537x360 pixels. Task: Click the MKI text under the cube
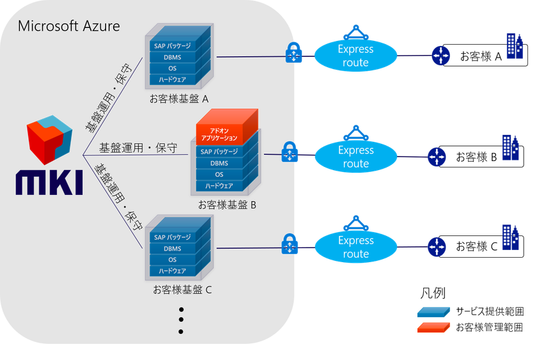pyautogui.click(x=49, y=183)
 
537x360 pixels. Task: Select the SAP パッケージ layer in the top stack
pyautogui.click(x=173, y=46)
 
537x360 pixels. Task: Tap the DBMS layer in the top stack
pyautogui.click(x=173, y=58)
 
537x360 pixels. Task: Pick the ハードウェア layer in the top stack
pyautogui.click(x=173, y=79)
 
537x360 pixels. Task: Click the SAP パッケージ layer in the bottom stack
pyautogui.click(x=173, y=237)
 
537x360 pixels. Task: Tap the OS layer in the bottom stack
pyautogui.click(x=173, y=260)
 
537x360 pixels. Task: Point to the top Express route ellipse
pyautogui.click(x=355, y=56)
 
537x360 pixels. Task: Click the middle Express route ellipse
pyautogui.click(x=355, y=157)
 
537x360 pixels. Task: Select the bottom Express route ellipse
pyautogui.click(x=355, y=247)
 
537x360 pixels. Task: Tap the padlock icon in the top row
pyautogui.click(x=293, y=54)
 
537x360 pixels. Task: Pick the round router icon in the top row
pyautogui.click(x=440, y=56)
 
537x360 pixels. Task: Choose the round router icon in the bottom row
pyautogui.click(x=437, y=246)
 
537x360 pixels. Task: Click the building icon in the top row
pyautogui.click(x=514, y=47)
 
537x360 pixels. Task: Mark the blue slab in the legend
pyautogui.click(x=433, y=313)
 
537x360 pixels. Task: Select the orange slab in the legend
pyautogui.click(x=433, y=327)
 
